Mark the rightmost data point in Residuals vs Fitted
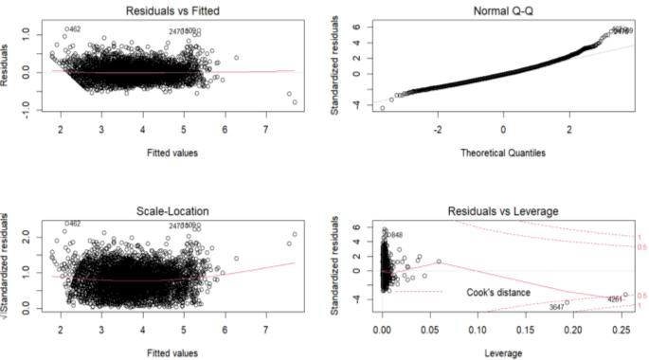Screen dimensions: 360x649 (x=295, y=102)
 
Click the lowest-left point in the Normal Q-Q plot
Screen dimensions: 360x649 (x=383, y=108)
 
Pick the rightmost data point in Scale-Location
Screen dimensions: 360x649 (x=295, y=234)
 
